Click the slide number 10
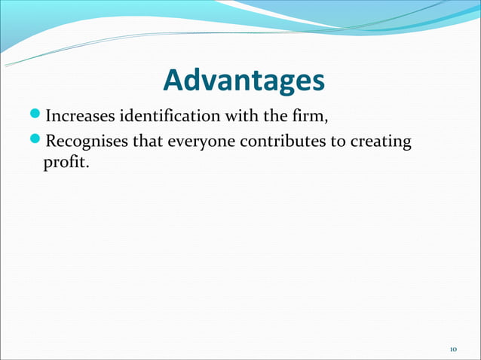(x=453, y=349)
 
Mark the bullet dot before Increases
(x=38, y=117)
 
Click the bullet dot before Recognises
(x=38, y=140)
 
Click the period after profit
(x=87, y=165)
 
